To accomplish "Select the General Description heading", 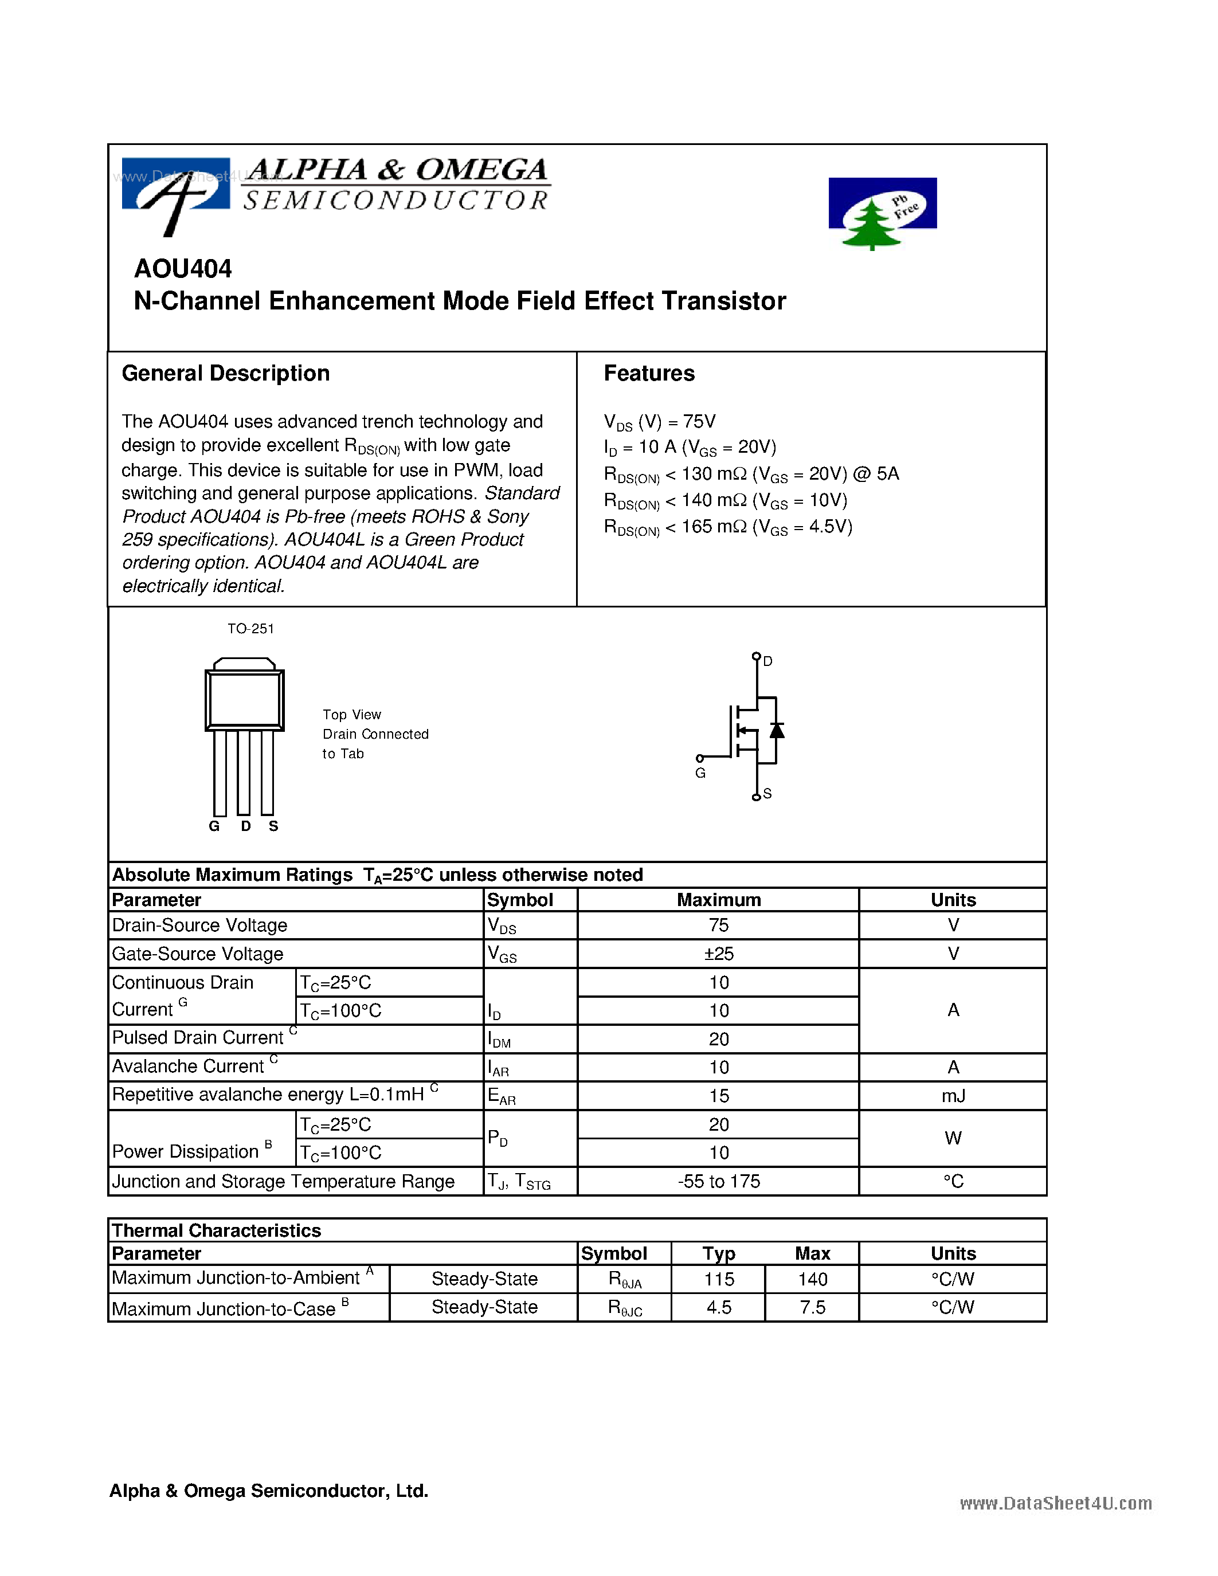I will (x=225, y=373).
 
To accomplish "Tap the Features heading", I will (x=649, y=373).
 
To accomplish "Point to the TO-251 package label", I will (x=250, y=629).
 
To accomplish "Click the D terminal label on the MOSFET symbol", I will (x=767, y=661).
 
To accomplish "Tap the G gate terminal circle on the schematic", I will (x=700, y=758).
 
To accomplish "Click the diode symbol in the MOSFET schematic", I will (x=777, y=730).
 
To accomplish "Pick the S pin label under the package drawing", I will (x=273, y=826).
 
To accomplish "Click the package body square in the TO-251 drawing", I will (x=245, y=700).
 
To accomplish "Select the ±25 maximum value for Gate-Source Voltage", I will (x=719, y=954).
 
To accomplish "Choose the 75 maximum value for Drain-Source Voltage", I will (x=719, y=925).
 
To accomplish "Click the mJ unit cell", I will (x=953, y=1096).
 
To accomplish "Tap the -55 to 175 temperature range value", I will (x=719, y=1181).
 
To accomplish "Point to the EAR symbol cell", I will (x=502, y=1096).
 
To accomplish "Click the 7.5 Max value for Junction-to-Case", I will (x=813, y=1308).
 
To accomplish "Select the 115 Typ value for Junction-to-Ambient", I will (x=719, y=1279).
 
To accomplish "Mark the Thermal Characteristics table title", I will (x=217, y=1230).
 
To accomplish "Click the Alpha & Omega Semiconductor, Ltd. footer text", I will (x=268, y=1491).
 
